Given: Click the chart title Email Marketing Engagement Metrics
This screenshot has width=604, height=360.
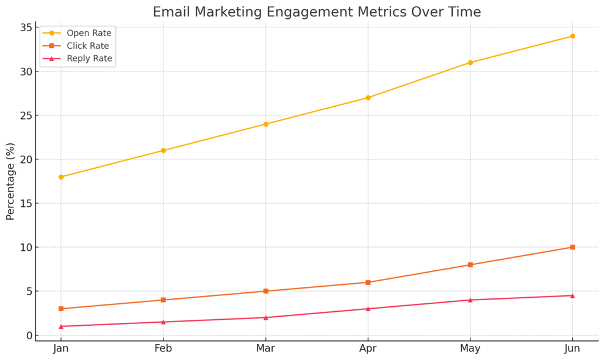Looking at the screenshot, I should coord(316,12).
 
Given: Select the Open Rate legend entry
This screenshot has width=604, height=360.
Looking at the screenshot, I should coord(88,33).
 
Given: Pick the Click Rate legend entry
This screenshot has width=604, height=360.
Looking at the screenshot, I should coord(88,46).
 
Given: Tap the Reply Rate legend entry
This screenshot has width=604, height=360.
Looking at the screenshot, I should coord(89,59).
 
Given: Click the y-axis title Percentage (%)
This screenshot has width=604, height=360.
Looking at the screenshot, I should coord(10,181).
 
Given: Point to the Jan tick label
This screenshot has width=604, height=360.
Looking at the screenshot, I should coord(61,348).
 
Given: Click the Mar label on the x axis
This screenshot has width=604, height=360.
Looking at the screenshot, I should coord(265,348).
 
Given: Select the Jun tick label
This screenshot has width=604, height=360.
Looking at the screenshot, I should coord(572,348).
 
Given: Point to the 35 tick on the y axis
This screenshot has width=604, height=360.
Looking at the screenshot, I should coord(25,27).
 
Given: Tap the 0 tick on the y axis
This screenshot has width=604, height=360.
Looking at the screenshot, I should coord(28,335).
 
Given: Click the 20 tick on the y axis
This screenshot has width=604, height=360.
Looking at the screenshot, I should coord(25,159).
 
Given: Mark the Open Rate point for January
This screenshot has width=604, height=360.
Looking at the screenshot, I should coord(61,177).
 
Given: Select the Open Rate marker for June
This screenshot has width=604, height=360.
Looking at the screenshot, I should coord(572,36).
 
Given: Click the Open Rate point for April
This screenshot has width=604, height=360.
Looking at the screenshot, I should coord(368,98).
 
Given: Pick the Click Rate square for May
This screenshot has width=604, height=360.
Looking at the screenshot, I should coord(470,265).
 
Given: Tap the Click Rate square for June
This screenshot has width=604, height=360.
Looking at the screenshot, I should coord(572,247).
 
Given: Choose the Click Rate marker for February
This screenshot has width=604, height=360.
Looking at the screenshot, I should coord(163,300).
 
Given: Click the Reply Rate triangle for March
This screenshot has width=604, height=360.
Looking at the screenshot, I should coord(265,317).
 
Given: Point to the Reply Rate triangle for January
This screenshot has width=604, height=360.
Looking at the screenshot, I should coord(61,326).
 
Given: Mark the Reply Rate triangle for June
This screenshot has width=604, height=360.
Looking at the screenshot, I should coord(572,295).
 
